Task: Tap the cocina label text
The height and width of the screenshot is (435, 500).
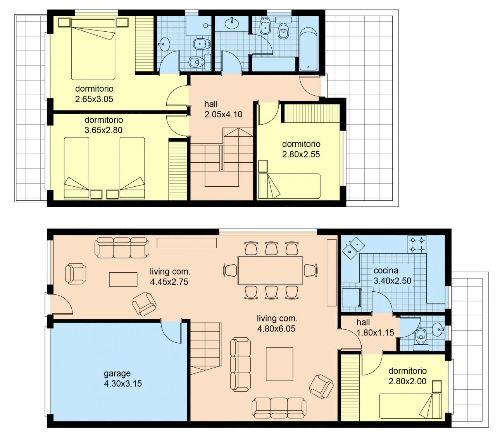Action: [x=386, y=271]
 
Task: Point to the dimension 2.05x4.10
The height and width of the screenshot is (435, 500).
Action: [x=223, y=114]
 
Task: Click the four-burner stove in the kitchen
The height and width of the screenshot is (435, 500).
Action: [x=417, y=244]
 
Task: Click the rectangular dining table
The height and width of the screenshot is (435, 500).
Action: [x=270, y=270]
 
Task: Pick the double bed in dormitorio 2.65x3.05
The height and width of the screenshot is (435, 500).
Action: [x=93, y=50]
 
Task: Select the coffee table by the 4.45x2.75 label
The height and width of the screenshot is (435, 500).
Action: [x=123, y=279]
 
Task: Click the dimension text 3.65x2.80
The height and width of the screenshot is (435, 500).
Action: [x=103, y=130]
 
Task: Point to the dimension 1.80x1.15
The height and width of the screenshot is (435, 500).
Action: [x=375, y=333]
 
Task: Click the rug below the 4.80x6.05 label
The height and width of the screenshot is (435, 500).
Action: [x=279, y=364]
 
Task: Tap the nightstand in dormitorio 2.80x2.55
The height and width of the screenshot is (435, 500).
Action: [x=263, y=166]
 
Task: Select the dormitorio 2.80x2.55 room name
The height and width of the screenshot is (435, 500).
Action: [x=301, y=144]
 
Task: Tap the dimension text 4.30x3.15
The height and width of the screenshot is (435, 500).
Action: [x=123, y=383]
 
